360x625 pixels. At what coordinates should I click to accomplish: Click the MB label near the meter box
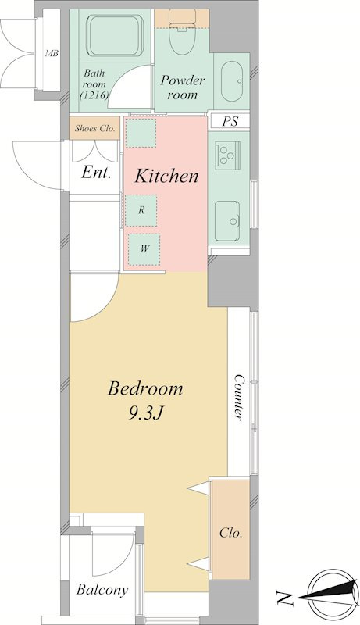[52, 53]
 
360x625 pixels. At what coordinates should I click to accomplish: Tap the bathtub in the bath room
[115, 35]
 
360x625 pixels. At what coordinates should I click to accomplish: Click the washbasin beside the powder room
[232, 82]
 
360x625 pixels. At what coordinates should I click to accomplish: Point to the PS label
[230, 121]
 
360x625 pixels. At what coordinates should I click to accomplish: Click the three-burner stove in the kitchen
[227, 153]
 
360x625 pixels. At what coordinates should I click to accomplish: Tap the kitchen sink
[227, 221]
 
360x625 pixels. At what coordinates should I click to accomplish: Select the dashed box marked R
[141, 210]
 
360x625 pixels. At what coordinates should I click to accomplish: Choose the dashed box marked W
[144, 249]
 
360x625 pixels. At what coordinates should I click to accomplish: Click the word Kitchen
[166, 176]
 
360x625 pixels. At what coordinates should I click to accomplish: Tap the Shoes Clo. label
[94, 129]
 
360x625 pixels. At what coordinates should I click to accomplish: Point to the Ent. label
[96, 173]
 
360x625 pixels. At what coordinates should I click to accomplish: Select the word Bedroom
[145, 388]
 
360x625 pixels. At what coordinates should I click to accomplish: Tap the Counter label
[238, 397]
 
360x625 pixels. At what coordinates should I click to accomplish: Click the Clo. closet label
[231, 533]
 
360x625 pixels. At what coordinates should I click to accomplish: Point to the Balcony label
[102, 590]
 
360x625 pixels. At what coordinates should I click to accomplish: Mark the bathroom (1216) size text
[94, 95]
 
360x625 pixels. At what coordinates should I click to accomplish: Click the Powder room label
[183, 87]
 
